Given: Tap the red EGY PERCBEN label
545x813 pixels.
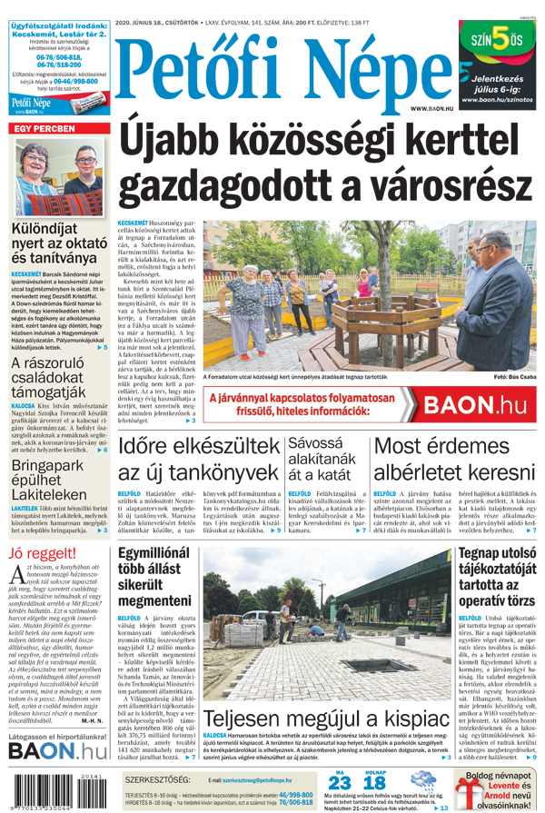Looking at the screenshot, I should pos(43,130).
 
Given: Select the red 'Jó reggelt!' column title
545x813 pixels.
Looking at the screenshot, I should pos(43,554).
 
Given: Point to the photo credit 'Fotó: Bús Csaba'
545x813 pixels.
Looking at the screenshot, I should pos(515,376).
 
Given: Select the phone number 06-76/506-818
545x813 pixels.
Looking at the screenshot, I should pos(57,56).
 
